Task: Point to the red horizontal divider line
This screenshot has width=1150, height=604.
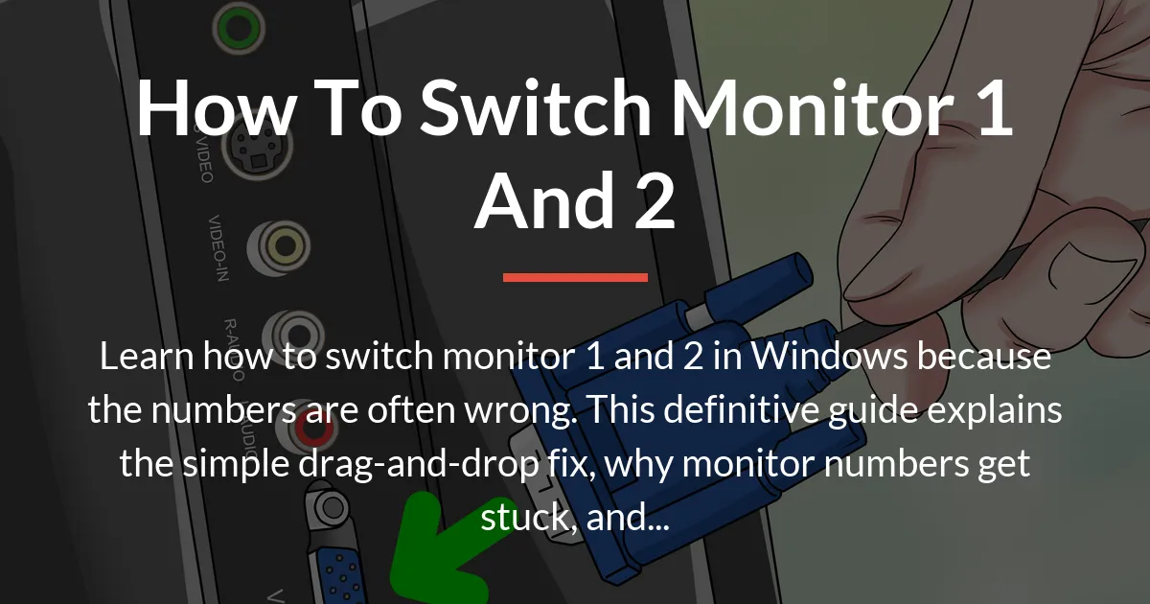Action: pyautogui.click(x=575, y=277)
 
